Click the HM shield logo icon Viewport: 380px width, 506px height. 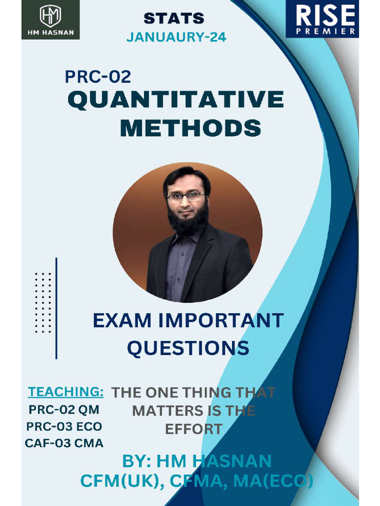[x=50, y=15]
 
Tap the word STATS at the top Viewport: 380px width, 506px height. [x=174, y=18]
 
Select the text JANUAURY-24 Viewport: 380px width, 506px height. [x=176, y=37]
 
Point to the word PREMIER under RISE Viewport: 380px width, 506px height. [x=325, y=32]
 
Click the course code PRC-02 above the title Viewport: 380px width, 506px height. [x=98, y=77]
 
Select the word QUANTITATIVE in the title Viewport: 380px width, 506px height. [x=176, y=100]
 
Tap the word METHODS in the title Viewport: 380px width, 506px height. [x=190, y=128]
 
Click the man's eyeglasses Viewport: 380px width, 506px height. [x=186, y=196]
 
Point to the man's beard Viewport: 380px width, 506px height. [x=188, y=222]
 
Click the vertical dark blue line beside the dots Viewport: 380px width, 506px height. [x=56, y=308]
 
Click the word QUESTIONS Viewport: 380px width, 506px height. [x=188, y=348]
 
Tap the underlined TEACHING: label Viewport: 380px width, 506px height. [x=65, y=392]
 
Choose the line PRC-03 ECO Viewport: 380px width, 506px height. [x=64, y=426]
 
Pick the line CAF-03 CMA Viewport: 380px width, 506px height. [x=64, y=443]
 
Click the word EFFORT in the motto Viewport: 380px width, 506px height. [x=193, y=429]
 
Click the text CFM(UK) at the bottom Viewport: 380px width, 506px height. [x=120, y=481]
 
